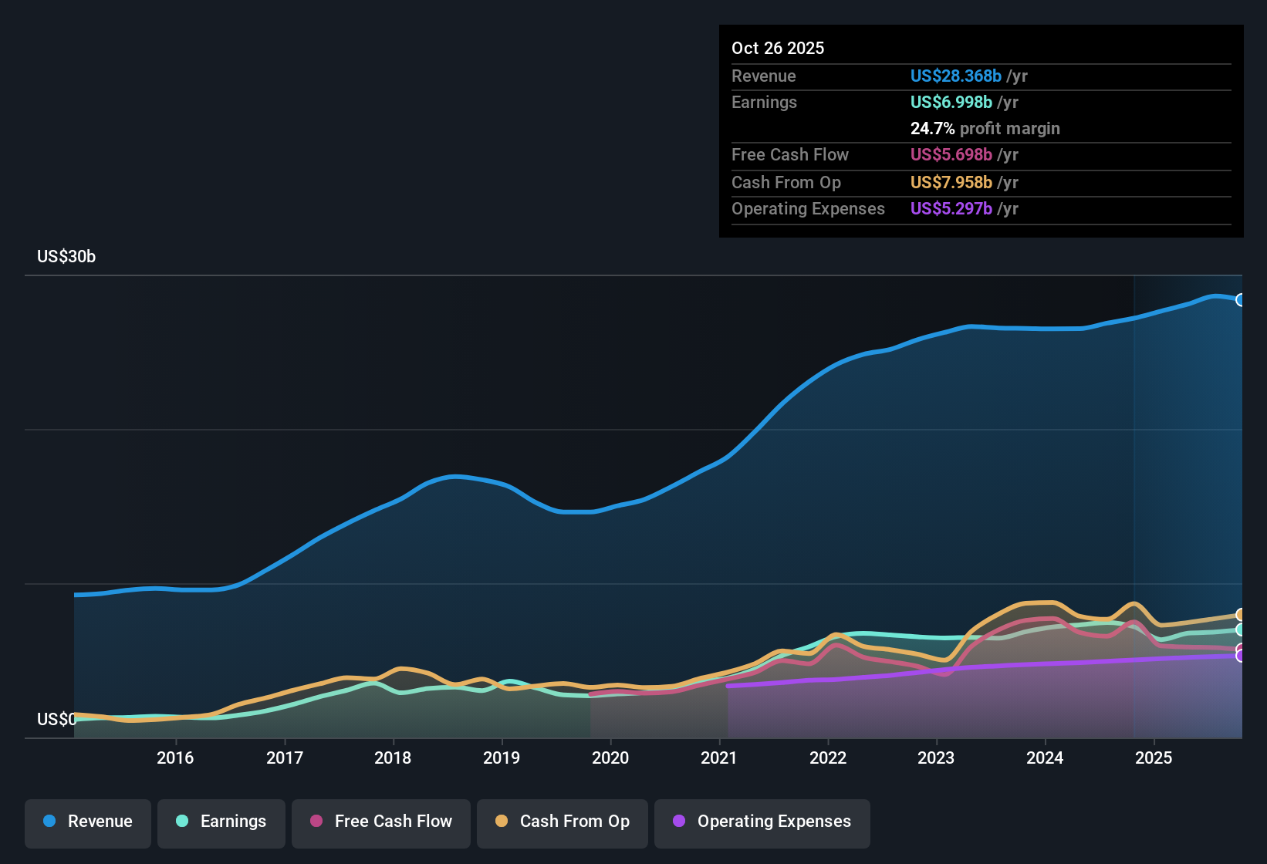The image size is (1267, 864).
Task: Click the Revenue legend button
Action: (x=88, y=822)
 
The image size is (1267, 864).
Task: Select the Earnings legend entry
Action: (x=221, y=822)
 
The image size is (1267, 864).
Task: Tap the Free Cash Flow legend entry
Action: (x=381, y=822)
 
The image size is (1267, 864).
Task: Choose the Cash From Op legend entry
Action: (x=563, y=822)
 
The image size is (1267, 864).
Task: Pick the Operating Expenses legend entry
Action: (x=762, y=822)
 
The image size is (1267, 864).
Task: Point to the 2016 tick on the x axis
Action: (x=175, y=758)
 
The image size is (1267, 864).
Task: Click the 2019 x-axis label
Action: (x=502, y=758)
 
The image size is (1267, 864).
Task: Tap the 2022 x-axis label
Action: (x=828, y=758)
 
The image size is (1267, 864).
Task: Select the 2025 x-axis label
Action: (x=1154, y=758)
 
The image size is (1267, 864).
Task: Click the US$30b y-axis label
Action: (x=66, y=257)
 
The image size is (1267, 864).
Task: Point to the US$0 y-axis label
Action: (x=56, y=720)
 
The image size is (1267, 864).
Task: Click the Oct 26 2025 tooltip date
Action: (x=778, y=48)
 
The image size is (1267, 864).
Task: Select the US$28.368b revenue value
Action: (x=955, y=76)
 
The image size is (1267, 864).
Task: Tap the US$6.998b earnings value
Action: (x=951, y=102)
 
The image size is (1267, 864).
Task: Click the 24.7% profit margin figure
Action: (x=932, y=128)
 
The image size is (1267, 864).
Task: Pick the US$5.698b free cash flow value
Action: (x=951, y=154)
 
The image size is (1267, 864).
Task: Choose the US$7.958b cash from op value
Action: (x=951, y=182)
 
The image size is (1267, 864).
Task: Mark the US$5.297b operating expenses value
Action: (x=951, y=208)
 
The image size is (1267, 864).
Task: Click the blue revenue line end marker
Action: (x=1241, y=300)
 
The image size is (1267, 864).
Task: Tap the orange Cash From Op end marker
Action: (x=1241, y=615)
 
